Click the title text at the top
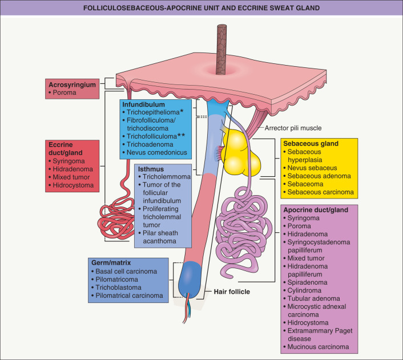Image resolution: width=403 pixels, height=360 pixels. coord(201,8)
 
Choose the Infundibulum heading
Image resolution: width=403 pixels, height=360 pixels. coord(143,105)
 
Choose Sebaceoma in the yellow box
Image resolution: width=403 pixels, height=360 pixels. coord(308,184)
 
